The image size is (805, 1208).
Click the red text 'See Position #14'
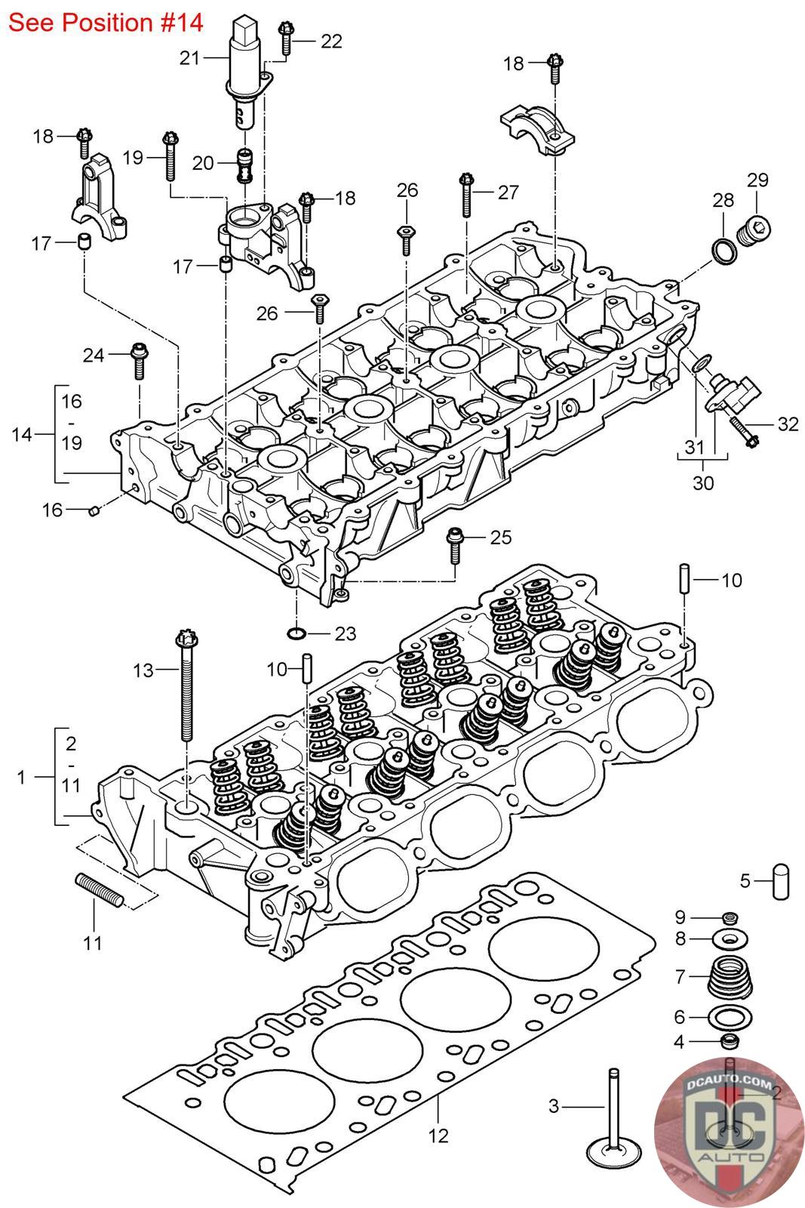(x=106, y=23)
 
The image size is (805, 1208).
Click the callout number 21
(x=189, y=57)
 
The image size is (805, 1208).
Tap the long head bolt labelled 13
(x=185, y=687)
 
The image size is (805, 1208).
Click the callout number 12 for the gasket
(x=438, y=1135)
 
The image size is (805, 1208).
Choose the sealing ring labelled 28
(x=723, y=251)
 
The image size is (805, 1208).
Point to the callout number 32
(x=788, y=424)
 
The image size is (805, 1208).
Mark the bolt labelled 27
(x=465, y=194)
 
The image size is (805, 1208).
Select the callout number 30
(x=702, y=482)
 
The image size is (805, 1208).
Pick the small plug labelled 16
(x=94, y=511)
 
